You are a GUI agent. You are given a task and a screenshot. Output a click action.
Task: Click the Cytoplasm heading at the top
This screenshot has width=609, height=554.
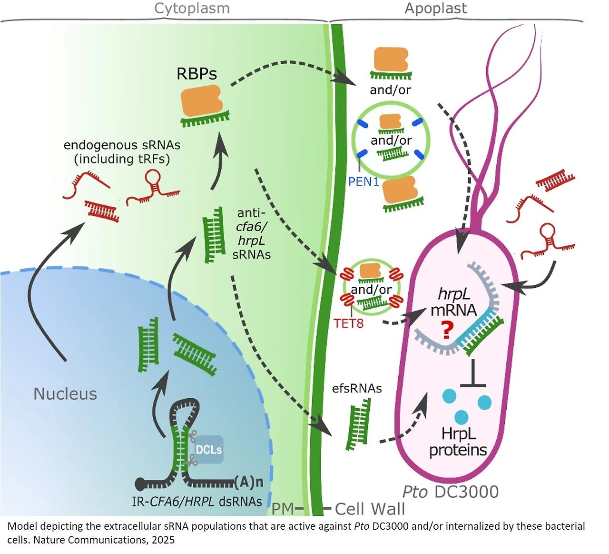(192, 9)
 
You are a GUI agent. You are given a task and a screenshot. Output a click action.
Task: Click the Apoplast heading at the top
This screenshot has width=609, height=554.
(435, 9)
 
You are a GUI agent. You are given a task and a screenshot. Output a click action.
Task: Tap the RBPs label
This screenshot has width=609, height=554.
(196, 74)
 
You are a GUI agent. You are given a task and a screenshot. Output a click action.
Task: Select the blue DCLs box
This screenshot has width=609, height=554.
(208, 449)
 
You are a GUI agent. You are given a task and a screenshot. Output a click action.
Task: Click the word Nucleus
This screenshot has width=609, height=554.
(65, 394)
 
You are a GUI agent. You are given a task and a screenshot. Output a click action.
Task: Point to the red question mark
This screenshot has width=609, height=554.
(446, 330)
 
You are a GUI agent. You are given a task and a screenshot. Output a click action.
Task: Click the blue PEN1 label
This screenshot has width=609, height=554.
(363, 181)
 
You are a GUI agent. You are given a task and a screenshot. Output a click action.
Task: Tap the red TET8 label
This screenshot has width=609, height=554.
(349, 323)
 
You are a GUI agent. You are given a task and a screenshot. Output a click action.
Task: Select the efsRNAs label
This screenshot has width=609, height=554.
(357, 388)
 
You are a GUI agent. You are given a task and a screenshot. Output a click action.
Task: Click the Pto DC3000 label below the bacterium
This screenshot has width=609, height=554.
(450, 492)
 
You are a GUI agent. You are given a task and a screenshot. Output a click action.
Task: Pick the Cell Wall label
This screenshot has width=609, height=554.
(370, 509)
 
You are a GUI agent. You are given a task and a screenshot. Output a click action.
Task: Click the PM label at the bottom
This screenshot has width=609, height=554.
(283, 509)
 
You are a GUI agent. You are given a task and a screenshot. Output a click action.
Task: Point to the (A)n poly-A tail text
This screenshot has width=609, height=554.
(249, 482)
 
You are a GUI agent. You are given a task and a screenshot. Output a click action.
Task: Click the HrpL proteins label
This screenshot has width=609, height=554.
(458, 442)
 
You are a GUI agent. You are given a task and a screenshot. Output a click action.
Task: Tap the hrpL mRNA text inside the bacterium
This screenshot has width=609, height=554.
(453, 302)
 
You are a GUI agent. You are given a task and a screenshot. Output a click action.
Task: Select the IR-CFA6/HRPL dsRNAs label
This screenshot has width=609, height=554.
(196, 502)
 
